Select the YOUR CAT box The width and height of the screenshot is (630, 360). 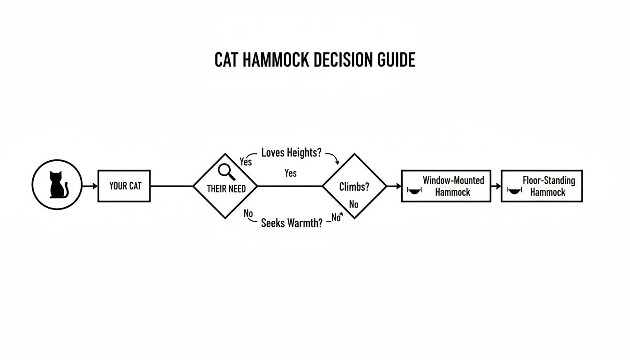click(124, 186)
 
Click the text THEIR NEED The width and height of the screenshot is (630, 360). click(226, 189)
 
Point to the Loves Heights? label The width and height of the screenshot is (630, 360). click(291, 152)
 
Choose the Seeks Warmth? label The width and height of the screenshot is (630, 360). click(291, 223)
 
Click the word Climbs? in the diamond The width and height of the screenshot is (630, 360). click(354, 187)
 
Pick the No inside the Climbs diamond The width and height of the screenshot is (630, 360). click(354, 204)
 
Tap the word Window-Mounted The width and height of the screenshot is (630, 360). click(453, 180)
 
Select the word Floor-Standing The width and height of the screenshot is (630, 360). click(549, 180)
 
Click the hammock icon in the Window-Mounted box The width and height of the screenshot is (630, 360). click(414, 190)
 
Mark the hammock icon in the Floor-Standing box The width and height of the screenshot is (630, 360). click(514, 190)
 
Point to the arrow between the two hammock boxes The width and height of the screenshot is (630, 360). click(496, 186)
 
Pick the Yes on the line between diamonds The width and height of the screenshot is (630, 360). click(291, 173)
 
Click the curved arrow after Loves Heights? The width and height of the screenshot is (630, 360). click(332, 157)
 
